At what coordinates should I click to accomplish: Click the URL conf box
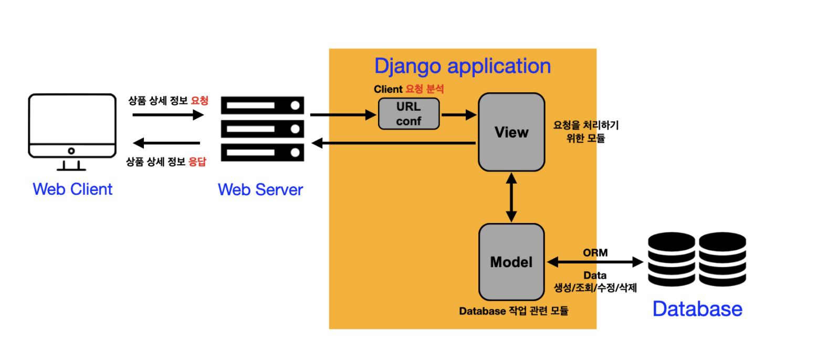coord(409,114)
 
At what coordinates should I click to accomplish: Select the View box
coord(511,132)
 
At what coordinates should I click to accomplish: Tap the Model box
coord(511,262)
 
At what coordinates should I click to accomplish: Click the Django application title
coord(463,66)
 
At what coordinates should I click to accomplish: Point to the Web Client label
coord(72,189)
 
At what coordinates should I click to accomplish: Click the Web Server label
coord(260,189)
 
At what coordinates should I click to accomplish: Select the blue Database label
coord(697,309)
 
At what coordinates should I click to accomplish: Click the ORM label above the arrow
coord(595,252)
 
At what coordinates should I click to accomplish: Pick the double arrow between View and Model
coord(511,197)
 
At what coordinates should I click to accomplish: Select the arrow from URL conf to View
coord(459,115)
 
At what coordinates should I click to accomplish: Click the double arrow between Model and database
coord(595,262)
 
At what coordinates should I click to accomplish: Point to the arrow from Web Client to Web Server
coord(168,115)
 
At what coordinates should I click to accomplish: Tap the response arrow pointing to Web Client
coord(166,143)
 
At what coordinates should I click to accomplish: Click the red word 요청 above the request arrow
coord(200,101)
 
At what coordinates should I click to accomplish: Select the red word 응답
coord(197,162)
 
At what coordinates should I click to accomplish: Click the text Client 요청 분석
coord(409,89)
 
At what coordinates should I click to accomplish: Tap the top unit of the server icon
coord(262,105)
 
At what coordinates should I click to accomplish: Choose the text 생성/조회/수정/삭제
coord(595,288)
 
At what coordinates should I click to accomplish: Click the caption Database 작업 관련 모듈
coord(514,311)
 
